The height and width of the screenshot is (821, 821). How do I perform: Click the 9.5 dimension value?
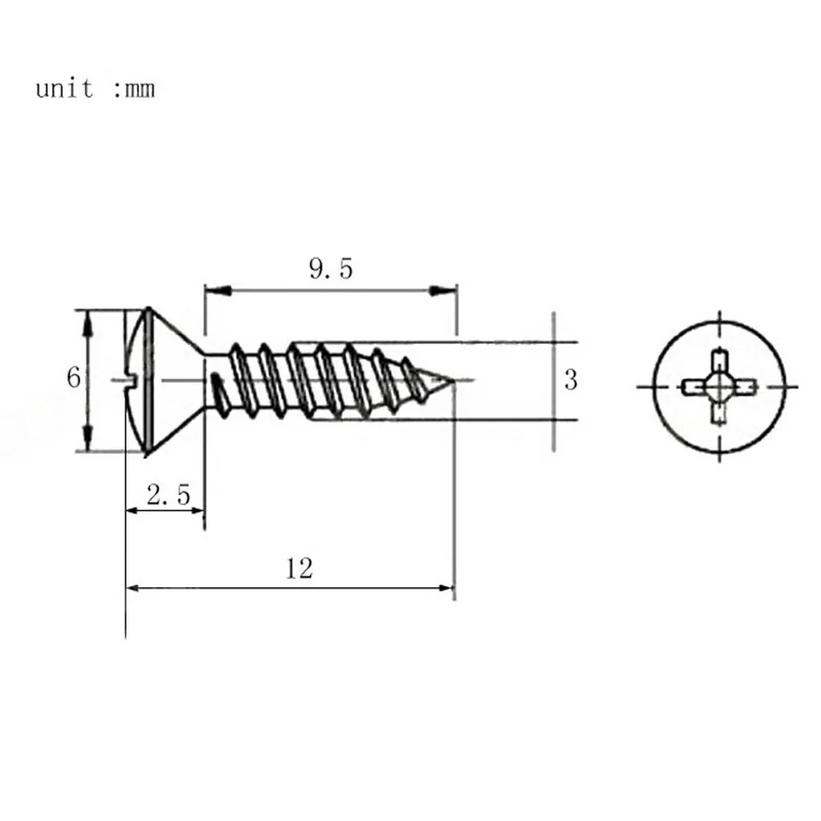331,268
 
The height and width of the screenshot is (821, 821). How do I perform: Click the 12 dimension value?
300,567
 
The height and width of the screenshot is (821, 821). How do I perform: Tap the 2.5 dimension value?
167,495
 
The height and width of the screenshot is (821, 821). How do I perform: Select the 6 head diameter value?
74,378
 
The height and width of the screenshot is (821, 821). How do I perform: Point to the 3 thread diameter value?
571,380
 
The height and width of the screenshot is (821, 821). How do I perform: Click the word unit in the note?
65,88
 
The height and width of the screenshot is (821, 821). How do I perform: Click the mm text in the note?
139,89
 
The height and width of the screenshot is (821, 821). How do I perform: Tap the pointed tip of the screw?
452,380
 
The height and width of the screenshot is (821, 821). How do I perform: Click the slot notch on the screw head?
133,379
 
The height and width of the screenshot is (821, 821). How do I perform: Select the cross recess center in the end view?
719,384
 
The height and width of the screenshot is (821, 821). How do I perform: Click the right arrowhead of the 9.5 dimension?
444,290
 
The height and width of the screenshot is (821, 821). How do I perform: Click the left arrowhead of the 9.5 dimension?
216,290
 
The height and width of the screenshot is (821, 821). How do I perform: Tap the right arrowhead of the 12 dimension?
444,588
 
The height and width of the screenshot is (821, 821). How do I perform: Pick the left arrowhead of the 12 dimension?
136,588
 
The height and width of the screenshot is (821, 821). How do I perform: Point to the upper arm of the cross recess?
719,362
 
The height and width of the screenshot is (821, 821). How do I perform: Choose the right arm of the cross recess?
742,384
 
